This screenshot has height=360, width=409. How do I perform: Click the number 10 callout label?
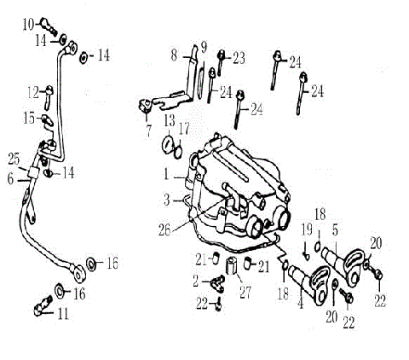click(x=26, y=22)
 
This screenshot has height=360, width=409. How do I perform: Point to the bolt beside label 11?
click(x=43, y=301)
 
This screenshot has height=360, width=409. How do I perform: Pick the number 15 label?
click(x=31, y=117)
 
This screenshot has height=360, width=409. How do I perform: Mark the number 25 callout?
click(x=14, y=160)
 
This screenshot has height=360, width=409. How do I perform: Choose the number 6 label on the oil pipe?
click(x=11, y=179)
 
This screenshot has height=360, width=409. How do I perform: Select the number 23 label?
click(x=239, y=58)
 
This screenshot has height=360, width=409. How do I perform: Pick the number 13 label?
click(x=170, y=119)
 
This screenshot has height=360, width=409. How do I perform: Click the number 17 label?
click(x=184, y=129)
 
